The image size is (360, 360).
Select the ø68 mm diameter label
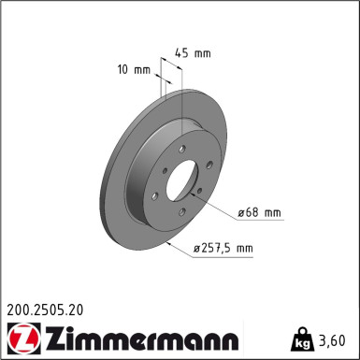click(x=259, y=213)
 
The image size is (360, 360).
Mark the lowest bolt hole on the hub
click(x=188, y=218)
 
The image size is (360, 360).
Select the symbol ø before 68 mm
click(x=241, y=213)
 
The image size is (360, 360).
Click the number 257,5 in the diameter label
click(x=216, y=248)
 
